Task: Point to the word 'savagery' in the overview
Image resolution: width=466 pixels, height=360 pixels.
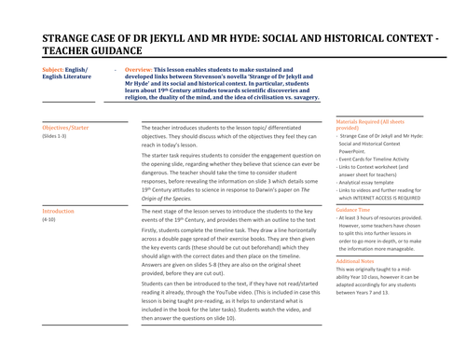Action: [300, 97]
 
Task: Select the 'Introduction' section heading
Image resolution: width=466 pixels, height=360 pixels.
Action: [58, 212]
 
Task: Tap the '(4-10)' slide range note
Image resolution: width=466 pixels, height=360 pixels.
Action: [49, 221]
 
